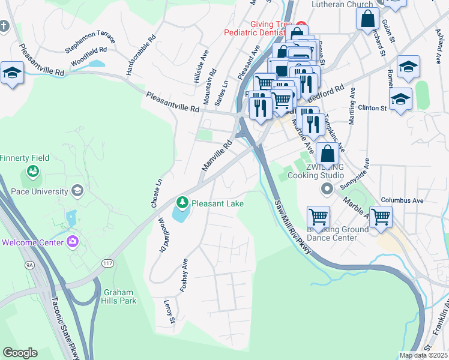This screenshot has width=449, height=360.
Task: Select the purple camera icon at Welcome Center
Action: [73, 242]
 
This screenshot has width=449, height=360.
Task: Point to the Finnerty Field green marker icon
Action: [32, 173]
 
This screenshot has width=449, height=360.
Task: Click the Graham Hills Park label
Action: [119, 296]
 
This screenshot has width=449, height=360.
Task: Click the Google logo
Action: [20, 353]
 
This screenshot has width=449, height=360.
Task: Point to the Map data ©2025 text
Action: [423, 355]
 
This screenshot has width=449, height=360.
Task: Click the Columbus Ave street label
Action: [402, 200]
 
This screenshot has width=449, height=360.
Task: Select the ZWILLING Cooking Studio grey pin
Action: [327, 190]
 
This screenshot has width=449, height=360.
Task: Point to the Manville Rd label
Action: [217, 155]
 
